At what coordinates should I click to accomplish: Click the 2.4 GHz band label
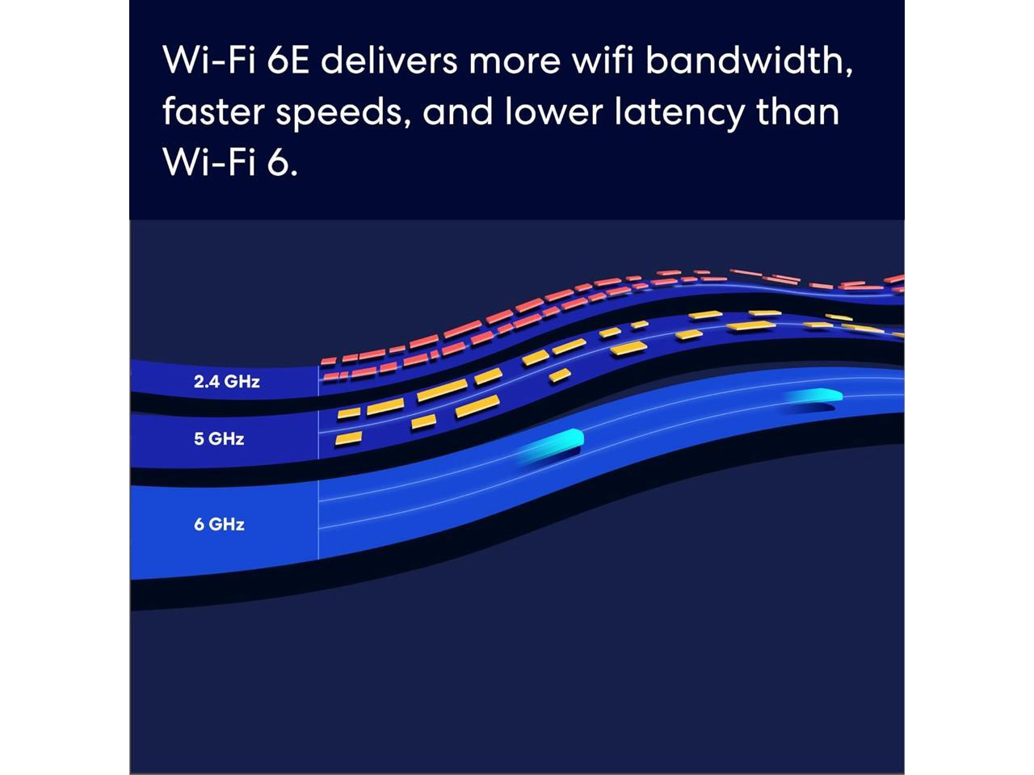point(226,381)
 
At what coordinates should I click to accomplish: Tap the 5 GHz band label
point(218,439)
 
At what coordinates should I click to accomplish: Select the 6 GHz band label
point(218,524)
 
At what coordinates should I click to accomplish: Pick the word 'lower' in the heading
point(553,111)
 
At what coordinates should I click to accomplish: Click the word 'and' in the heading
point(457,111)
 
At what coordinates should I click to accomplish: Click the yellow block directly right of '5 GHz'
point(348,438)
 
